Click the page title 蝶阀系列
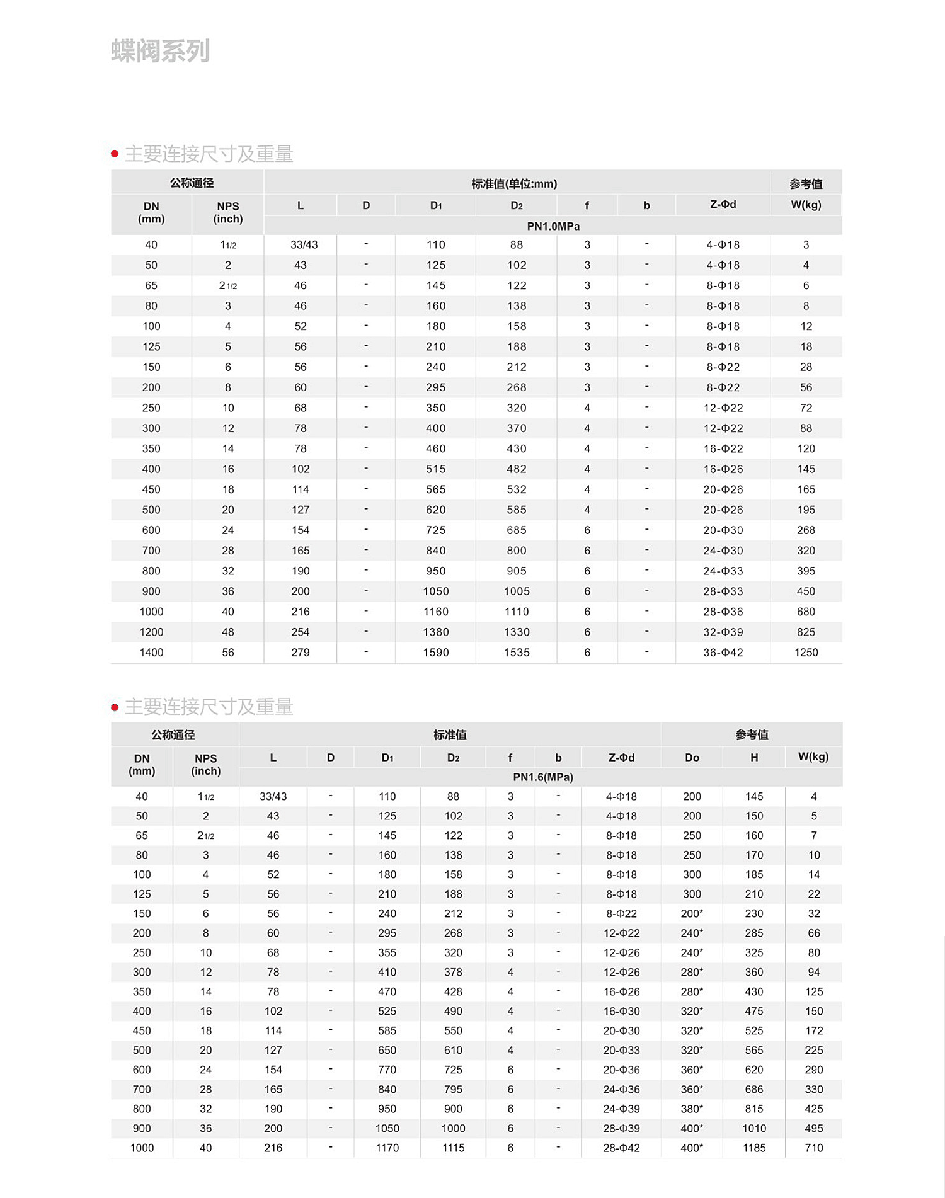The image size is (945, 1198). click(x=160, y=51)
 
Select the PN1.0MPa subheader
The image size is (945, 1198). click(x=553, y=226)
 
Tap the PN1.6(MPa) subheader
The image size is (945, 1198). click(x=542, y=777)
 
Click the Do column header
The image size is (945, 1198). click(x=692, y=758)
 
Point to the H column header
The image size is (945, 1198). click(x=753, y=758)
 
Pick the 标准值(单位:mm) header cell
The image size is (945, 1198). click(x=514, y=184)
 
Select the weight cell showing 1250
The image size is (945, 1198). click(x=806, y=653)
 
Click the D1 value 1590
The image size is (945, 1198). click(x=435, y=653)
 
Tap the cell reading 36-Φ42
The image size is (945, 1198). click(x=723, y=653)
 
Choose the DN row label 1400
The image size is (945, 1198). click(x=151, y=653)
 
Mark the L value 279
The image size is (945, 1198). click(x=300, y=653)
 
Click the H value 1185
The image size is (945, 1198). click(x=753, y=1148)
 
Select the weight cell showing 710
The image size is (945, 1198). click(x=813, y=1148)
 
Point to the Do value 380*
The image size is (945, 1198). click(x=692, y=1109)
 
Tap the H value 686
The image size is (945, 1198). click(x=753, y=1089)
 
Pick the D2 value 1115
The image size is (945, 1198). click(x=453, y=1148)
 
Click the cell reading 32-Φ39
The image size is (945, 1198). click(x=723, y=632)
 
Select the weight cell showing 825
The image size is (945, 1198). click(x=806, y=632)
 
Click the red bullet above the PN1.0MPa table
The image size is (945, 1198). click(x=115, y=154)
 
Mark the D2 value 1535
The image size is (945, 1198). click(x=516, y=653)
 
